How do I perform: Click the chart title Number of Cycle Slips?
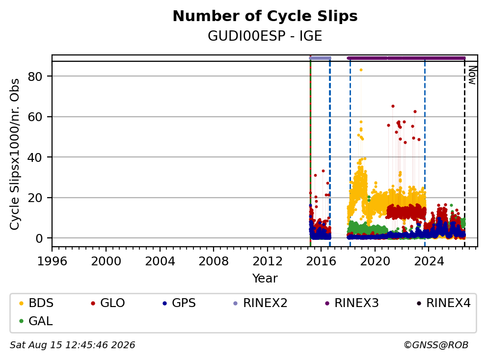265,16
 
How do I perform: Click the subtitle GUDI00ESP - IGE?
265,36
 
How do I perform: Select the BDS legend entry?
36,303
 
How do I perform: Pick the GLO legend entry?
108,303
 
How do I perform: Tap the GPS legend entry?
179,303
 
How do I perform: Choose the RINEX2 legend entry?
260,303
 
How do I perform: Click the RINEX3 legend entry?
352,303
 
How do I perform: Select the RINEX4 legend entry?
443,303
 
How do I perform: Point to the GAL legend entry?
36,321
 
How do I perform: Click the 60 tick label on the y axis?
35,117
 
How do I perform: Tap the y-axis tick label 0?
39,238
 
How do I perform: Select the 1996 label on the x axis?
52,261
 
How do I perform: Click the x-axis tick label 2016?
321,261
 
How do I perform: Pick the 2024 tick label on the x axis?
429,261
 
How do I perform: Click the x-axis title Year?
265,279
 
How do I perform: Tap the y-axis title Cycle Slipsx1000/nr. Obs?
15,154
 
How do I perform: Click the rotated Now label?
472,75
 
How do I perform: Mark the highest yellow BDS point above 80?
361,70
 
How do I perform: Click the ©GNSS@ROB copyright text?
436,345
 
